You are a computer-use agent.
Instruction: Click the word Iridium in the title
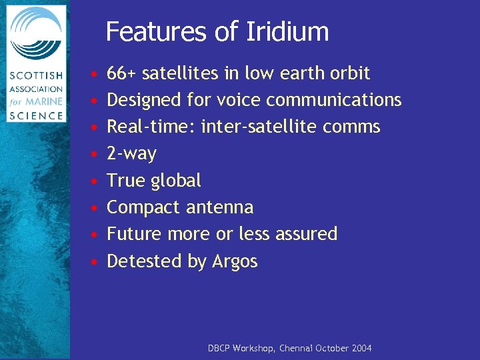pyautogui.click(x=291, y=31)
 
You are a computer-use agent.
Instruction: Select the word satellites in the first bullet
pyautogui.click(x=175, y=73)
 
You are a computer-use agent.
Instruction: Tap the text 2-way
pyautogui.click(x=131, y=154)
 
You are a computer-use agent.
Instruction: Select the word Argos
pyautogui.click(x=235, y=261)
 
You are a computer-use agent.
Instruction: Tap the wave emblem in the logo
pyautogui.click(x=36, y=35)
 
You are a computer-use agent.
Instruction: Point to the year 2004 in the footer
pyautogui.click(x=360, y=349)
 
